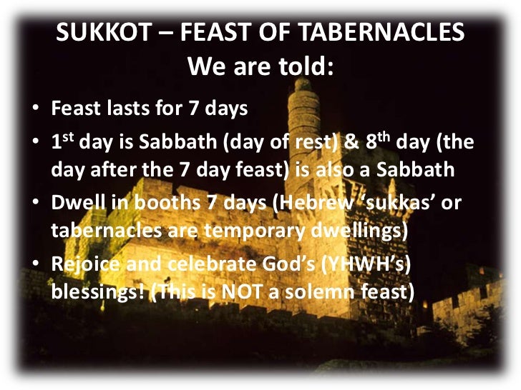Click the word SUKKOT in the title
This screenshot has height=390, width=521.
click(97, 33)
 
